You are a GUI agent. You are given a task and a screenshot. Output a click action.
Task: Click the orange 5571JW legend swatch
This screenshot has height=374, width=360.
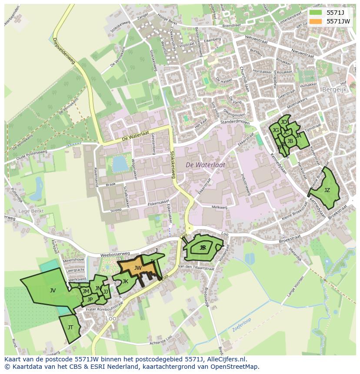point(316,21)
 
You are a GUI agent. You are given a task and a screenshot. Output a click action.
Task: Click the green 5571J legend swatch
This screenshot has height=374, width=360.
point(316,13)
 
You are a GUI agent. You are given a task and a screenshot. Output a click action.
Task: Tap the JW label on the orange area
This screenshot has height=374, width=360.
point(138,268)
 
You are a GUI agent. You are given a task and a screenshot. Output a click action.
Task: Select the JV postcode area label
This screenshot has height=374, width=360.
point(53,291)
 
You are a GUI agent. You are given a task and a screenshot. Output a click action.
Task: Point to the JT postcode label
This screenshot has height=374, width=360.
point(70,328)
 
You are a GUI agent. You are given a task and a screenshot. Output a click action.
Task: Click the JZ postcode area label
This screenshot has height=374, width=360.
point(327,190)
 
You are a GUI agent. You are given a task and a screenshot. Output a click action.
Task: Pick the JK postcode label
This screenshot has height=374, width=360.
point(125,281)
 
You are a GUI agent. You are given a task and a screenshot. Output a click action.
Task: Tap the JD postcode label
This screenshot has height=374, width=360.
point(284,122)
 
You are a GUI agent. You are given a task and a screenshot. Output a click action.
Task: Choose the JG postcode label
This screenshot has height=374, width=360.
point(276,130)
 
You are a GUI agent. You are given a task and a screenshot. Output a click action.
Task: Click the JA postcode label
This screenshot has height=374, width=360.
point(298,136)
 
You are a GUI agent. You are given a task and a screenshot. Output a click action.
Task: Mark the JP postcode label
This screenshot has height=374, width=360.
point(90,299)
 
